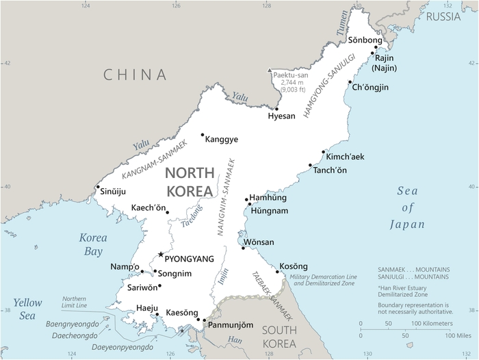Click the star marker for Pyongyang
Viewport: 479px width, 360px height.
click(161, 255)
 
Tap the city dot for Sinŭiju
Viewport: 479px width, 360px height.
click(98, 187)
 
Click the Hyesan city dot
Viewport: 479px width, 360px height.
click(276, 109)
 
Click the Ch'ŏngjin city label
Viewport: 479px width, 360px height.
click(369, 87)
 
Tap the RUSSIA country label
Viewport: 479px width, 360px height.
click(443, 16)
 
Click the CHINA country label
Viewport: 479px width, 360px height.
click(135, 75)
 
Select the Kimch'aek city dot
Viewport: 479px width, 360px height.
click(323, 152)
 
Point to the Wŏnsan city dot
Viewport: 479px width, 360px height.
click(243, 247)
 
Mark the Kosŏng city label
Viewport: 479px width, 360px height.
click(294, 266)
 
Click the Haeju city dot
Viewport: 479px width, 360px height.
click(157, 315)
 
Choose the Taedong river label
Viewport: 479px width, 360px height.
click(192, 215)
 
